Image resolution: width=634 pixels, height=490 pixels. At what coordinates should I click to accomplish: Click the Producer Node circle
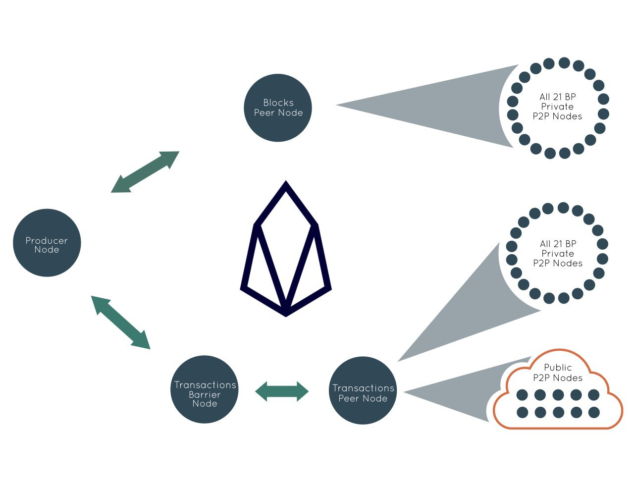pos(47,242)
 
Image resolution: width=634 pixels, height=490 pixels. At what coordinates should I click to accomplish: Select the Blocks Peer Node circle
pos(278,108)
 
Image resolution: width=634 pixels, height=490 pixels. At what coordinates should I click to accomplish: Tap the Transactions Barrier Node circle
pos(205,389)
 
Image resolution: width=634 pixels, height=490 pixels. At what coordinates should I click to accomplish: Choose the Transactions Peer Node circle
pos(363,390)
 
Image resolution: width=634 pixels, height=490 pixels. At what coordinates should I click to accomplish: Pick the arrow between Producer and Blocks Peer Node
pos(145,172)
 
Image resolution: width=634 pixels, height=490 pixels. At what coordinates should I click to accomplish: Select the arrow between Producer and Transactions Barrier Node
pos(121,323)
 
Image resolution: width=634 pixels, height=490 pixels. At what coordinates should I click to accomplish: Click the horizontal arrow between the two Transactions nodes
pos(282,391)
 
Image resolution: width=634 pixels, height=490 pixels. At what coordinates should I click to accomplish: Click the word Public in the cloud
pos(558,367)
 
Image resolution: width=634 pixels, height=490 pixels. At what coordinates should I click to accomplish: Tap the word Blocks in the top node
pos(278,103)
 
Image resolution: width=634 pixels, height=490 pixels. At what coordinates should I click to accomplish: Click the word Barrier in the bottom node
pos(205,394)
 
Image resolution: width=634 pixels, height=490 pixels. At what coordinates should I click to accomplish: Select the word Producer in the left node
pos(47,240)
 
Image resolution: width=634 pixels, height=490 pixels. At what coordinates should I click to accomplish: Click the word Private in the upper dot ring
pos(557,107)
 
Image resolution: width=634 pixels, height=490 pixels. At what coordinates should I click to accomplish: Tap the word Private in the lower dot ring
pos(558,253)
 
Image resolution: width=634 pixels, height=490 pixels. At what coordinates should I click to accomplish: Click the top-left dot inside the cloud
pos(522,395)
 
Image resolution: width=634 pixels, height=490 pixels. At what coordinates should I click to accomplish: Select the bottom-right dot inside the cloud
pos(594,413)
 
